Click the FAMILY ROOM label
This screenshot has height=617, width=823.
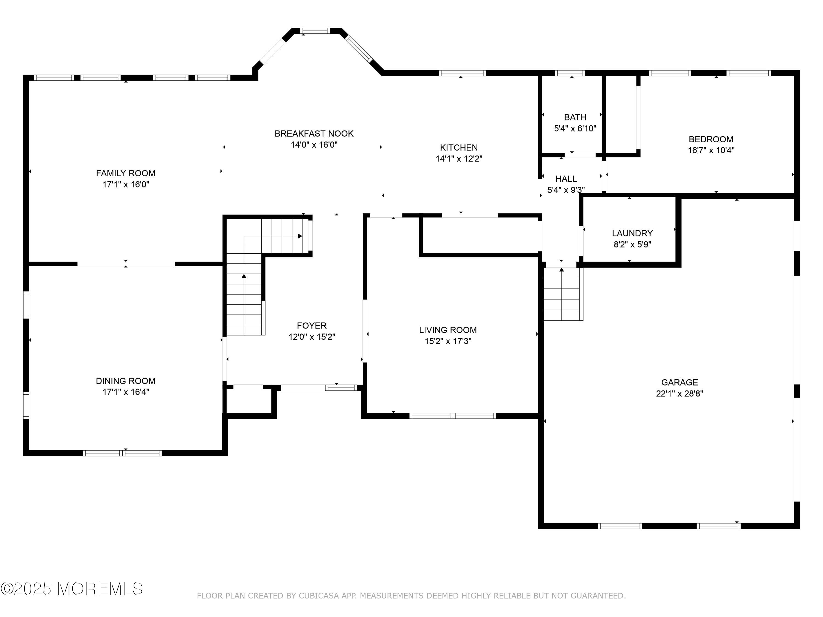(126, 173)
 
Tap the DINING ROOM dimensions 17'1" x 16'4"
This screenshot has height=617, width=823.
(126, 392)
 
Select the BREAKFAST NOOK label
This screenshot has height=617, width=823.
(314, 134)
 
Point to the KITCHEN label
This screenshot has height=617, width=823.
(459, 148)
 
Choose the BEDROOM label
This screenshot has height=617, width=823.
(711, 140)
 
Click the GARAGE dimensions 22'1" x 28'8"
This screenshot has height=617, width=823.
(679, 394)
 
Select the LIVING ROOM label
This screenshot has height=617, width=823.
(448, 330)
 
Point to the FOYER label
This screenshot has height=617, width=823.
(312, 326)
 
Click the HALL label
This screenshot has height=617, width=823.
(566, 179)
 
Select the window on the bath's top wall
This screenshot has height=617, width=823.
(570, 73)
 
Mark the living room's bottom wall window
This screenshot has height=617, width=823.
(453, 416)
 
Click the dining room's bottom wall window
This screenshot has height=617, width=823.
(122, 453)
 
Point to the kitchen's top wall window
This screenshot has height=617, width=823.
(462, 73)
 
